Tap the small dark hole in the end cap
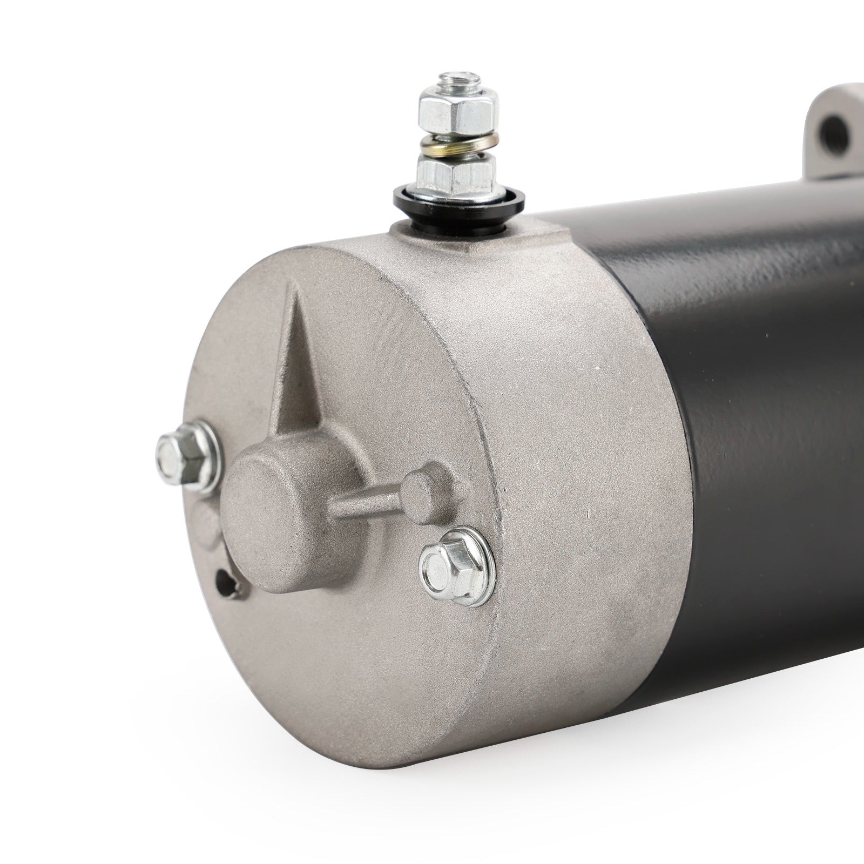222,583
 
